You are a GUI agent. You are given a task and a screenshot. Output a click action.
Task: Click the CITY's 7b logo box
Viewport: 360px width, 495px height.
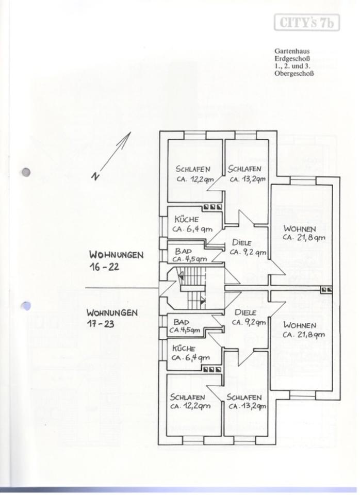pos(307,22)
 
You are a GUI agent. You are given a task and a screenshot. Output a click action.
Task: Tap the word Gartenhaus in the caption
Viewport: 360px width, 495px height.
pos(292,51)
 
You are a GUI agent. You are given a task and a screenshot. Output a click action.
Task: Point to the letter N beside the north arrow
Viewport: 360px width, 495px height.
pos(95,176)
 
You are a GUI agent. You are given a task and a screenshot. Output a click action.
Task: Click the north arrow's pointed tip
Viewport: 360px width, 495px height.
pos(130,132)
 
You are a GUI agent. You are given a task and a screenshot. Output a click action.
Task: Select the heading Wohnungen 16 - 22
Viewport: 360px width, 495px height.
pos(116,260)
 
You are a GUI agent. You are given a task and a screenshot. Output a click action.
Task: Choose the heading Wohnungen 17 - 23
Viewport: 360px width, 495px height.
pos(112,318)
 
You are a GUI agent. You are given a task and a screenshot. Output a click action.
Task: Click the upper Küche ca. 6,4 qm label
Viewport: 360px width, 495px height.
pos(192,224)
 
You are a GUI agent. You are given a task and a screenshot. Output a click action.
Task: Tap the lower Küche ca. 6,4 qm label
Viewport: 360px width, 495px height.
pos(190,353)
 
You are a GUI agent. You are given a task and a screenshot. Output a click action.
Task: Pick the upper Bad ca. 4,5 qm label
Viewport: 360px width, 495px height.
pos(190,255)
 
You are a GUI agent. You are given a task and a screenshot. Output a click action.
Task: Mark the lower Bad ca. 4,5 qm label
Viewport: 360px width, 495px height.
pos(185,326)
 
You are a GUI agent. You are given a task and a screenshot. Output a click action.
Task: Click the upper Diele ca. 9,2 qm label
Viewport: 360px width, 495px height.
pos(248,247)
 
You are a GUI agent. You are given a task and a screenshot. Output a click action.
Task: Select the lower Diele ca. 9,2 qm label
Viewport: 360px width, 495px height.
pos(249,318)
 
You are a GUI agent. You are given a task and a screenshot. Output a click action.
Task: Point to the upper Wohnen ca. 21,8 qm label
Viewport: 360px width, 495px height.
pos(303,233)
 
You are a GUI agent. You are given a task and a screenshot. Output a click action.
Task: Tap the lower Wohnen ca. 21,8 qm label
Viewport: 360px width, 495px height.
pos(303,330)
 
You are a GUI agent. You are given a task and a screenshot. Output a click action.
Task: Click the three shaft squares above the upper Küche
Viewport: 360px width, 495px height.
pos(212,207)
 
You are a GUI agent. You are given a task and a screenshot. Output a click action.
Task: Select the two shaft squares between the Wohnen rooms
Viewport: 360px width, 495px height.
pos(326,289)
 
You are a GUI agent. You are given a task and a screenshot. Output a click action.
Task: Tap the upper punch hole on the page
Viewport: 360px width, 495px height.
pos(26,172)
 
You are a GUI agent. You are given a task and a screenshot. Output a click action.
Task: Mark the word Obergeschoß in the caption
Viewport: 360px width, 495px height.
pos(294,74)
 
